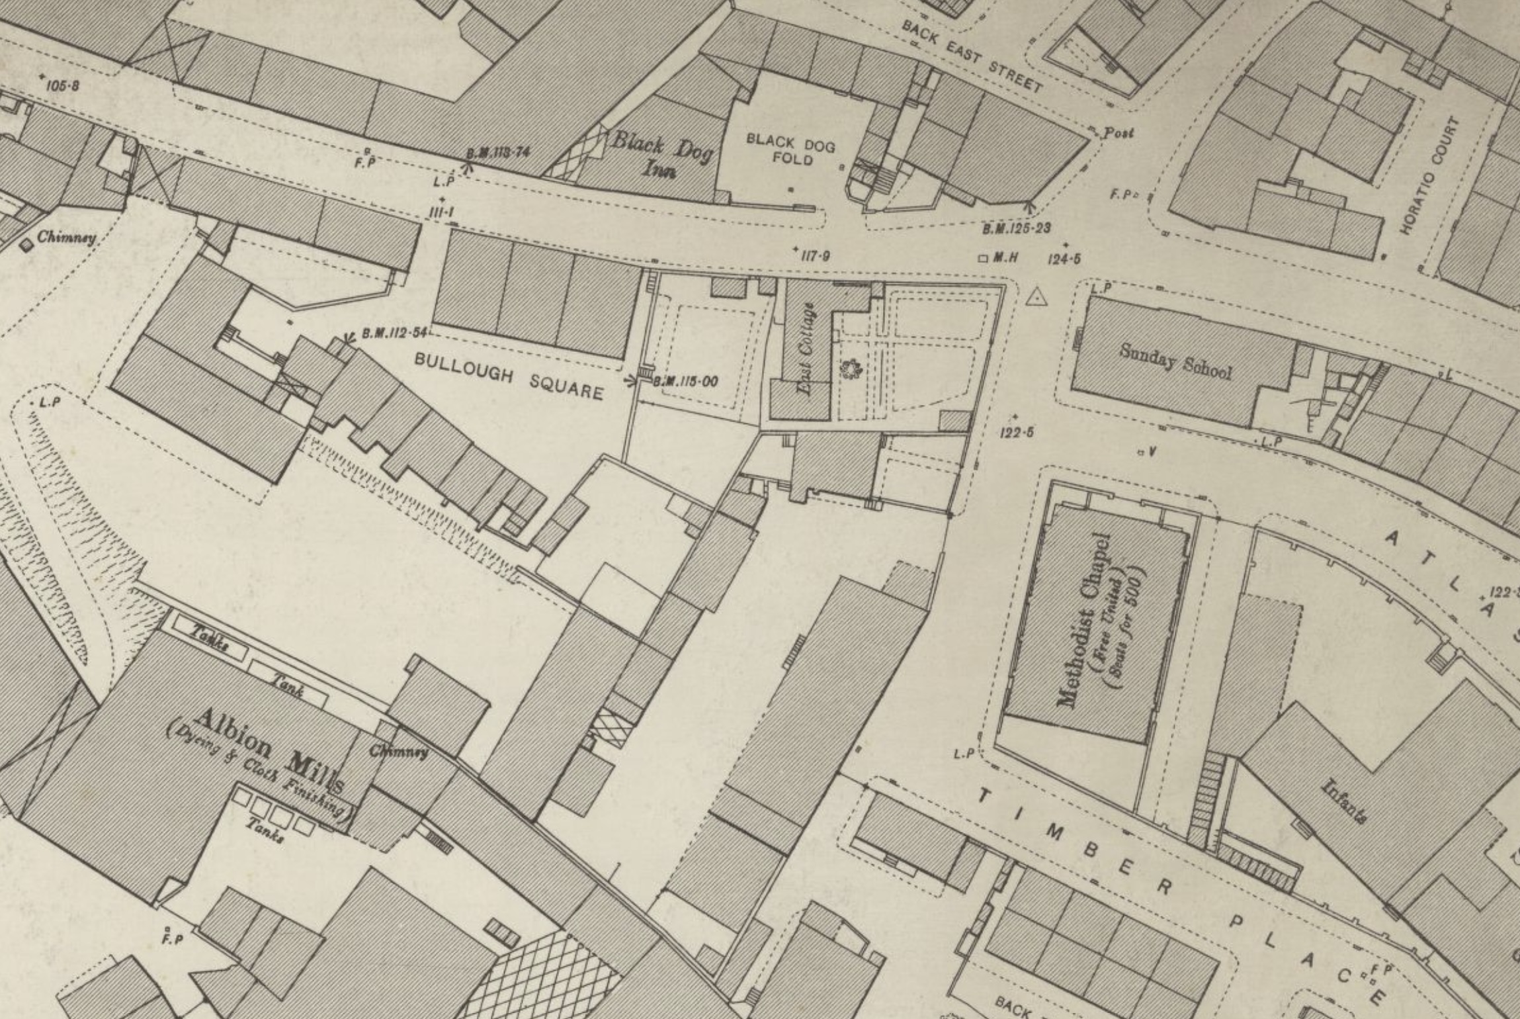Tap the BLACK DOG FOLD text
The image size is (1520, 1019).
(x=791, y=149)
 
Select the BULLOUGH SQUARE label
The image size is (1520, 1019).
(x=509, y=376)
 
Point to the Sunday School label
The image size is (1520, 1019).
(x=1175, y=361)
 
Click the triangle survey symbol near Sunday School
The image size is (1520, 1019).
(x=1036, y=298)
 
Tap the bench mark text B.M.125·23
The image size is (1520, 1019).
(x=1016, y=229)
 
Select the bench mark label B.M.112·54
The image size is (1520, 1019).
(x=395, y=333)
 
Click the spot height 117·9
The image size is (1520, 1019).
(x=814, y=256)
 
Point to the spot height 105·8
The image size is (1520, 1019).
(x=62, y=85)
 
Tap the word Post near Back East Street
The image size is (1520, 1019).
(x=1118, y=133)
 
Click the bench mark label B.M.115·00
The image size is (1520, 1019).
(x=685, y=382)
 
